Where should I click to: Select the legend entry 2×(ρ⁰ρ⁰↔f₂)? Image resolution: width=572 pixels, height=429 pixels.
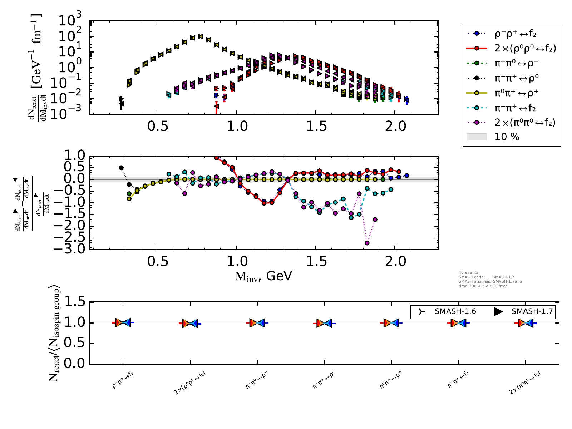(525, 48)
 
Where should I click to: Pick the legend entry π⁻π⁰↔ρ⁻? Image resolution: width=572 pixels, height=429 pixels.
(516, 63)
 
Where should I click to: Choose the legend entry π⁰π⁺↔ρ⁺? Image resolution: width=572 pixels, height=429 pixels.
(516, 93)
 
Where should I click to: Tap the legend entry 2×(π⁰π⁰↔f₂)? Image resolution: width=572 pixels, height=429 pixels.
(525, 123)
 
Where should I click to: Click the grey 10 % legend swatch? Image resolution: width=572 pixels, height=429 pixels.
(477, 137)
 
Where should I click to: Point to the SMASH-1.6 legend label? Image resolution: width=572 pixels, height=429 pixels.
(455, 311)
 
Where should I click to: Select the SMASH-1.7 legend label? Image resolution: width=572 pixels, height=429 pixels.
(532, 311)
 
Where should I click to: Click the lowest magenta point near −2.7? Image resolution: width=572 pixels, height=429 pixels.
(367, 243)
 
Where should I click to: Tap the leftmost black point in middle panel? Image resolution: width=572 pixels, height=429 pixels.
(121, 168)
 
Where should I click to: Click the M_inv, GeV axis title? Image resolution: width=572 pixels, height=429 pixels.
(263, 276)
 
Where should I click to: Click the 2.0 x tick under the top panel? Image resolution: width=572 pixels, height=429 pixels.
(396, 126)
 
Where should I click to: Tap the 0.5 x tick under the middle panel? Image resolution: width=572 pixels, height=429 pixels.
(158, 261)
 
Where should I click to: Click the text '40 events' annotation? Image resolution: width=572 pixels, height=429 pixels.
(468, 272)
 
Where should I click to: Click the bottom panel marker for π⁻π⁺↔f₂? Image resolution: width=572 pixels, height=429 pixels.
(458, 323)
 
